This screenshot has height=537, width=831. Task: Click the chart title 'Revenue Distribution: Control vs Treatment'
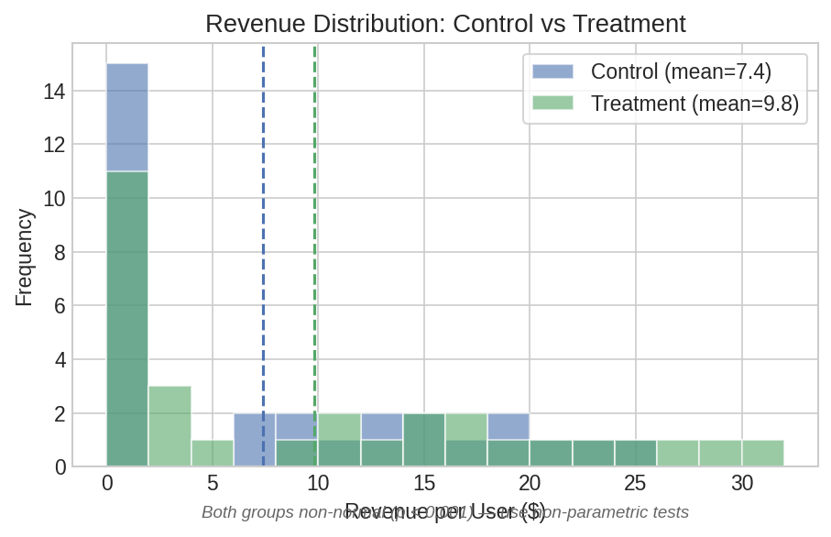tap(445, 23)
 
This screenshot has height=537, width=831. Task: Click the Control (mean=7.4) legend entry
tap(681, 71)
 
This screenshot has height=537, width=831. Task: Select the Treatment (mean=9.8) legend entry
tap(694, 104)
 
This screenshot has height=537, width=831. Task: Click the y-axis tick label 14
tap(54, 92)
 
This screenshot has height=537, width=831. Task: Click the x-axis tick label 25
tap(635, 483)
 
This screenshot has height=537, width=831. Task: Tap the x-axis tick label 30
tap(741, 483)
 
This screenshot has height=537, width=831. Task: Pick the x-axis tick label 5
tap(213, 483)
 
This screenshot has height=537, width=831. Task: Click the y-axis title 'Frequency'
tap(25, 258)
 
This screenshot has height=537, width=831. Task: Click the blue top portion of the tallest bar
tap(127, 117)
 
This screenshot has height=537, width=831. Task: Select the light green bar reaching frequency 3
tap(169, 426)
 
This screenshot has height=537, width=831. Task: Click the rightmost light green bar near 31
tap(762, 454)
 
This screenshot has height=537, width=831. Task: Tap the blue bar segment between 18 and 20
tap(508, 427)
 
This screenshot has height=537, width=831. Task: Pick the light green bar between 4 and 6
tap(213, 454)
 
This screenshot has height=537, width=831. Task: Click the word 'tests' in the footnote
tap(668, 512)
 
